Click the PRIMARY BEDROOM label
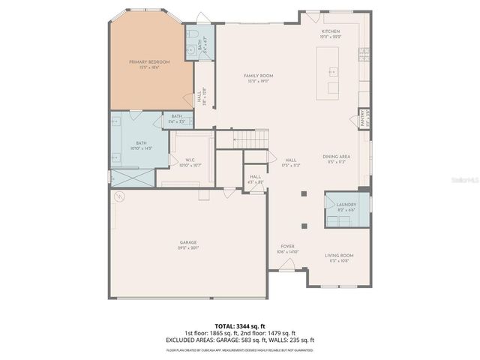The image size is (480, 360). pos(149,61)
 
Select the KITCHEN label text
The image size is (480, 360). pos(330,32)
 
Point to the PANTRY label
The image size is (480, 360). pos(362,118)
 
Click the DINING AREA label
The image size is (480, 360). pos(334,157)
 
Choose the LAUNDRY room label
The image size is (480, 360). pos(346,203)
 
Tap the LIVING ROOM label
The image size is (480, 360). pos(339,256)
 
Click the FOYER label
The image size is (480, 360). pos(287,247)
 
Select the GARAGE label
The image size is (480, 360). pos(187,242)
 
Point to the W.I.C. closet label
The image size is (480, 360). pos(190,160)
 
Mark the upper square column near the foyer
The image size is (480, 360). pos(303,193)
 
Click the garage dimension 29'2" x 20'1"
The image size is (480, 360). pos(187,248)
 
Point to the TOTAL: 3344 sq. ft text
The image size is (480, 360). pos(240,326)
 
